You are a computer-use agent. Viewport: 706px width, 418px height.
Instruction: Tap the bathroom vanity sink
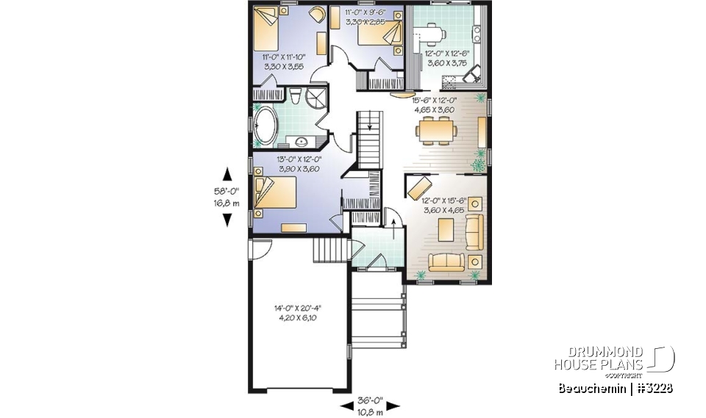click(x=302, y=140)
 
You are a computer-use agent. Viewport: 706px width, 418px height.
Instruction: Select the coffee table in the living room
click(x=446, y=230)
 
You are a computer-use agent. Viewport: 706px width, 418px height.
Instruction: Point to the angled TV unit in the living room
click(x=418, y=184)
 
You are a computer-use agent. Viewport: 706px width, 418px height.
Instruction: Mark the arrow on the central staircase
click(x=370, y=126)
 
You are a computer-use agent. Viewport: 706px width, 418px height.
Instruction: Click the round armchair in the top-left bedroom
click(x=316, y=14)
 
